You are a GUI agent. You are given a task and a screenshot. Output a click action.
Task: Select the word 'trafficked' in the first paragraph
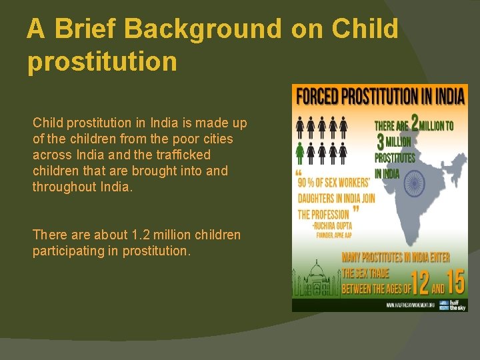(182, 155)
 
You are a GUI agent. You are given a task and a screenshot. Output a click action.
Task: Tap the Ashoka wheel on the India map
(414, 182)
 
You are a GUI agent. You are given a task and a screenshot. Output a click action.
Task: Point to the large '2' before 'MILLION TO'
(415, 124)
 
